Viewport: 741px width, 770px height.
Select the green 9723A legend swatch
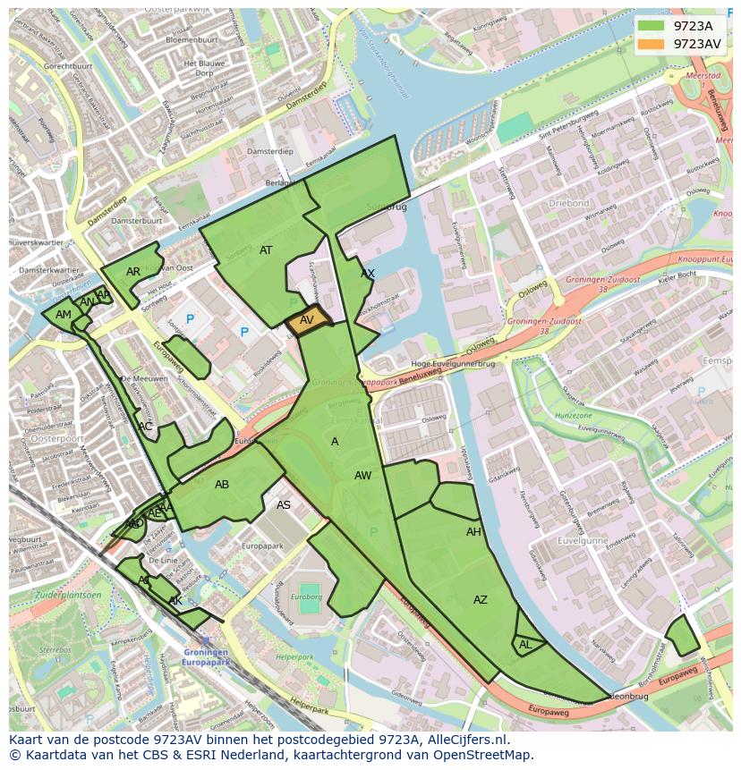click(652, 26)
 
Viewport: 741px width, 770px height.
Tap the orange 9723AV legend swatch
click(652, 44)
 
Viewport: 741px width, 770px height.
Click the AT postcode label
click(266, 250)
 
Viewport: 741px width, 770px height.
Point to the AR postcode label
click(133, 272)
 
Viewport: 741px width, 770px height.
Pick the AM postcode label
click(64, 315)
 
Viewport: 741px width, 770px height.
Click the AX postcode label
click(368, 274)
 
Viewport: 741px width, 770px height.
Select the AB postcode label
click(222, 485)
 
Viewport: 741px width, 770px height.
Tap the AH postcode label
click(473, 532)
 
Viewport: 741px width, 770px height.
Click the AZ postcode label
click(481, 600)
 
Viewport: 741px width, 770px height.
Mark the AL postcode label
click(525, 645)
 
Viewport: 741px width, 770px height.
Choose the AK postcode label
click(175, 601)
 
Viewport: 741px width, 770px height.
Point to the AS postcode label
click(284, 505)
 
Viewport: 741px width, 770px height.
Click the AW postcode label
click(362, 476)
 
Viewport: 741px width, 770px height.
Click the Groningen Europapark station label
click(207, 656)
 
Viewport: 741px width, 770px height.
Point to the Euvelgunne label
click(583, 541)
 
